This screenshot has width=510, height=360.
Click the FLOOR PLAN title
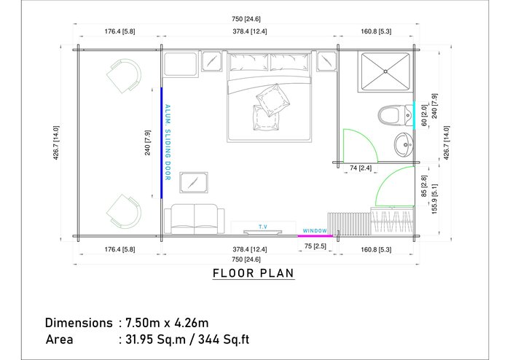click(254, 273)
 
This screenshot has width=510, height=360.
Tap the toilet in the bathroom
click(395, 115)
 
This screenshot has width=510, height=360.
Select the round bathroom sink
click(404, 144)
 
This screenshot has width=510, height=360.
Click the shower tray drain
click(385, 71)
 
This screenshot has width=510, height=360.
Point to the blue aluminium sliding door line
click(161, 143)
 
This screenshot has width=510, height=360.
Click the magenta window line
click(315, 236)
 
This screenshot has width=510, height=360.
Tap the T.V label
click(263, 227)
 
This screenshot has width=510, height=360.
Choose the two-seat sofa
click(195, 219)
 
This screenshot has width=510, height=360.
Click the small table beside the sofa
click(194, 182)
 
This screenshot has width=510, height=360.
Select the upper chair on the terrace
click(124, 76)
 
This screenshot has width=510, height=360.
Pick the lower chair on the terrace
click(124, 211)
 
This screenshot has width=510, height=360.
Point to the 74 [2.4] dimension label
click(361, 168)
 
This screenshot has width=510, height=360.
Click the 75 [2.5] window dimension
click(315, 246)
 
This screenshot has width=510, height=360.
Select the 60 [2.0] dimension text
click(423, 115)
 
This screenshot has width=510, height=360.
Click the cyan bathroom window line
click(414, 115)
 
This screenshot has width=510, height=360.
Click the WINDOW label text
click(315, 230)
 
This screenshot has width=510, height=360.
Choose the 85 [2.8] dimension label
click(424, 186)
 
